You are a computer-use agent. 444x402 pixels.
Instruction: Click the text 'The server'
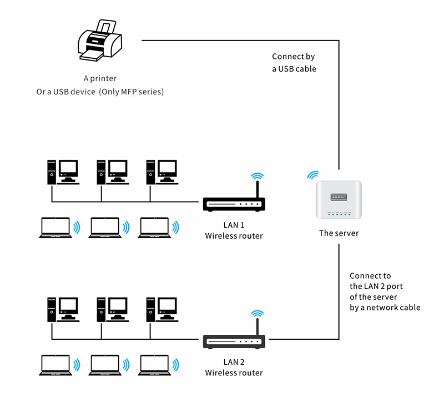pos(339,233)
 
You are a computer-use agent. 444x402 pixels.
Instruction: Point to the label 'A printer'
pos(100,79)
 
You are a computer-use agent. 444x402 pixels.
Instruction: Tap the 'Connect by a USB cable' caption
pos(294,63)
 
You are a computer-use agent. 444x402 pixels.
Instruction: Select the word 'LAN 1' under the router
pos(234,225)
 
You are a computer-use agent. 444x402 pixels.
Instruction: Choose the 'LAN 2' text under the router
pos(234,362)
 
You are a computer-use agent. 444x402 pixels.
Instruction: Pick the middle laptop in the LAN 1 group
pos(105,227)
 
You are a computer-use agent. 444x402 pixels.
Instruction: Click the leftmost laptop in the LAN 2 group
pos(56,364)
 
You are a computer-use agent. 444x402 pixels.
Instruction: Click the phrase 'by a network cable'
pos(385,307)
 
